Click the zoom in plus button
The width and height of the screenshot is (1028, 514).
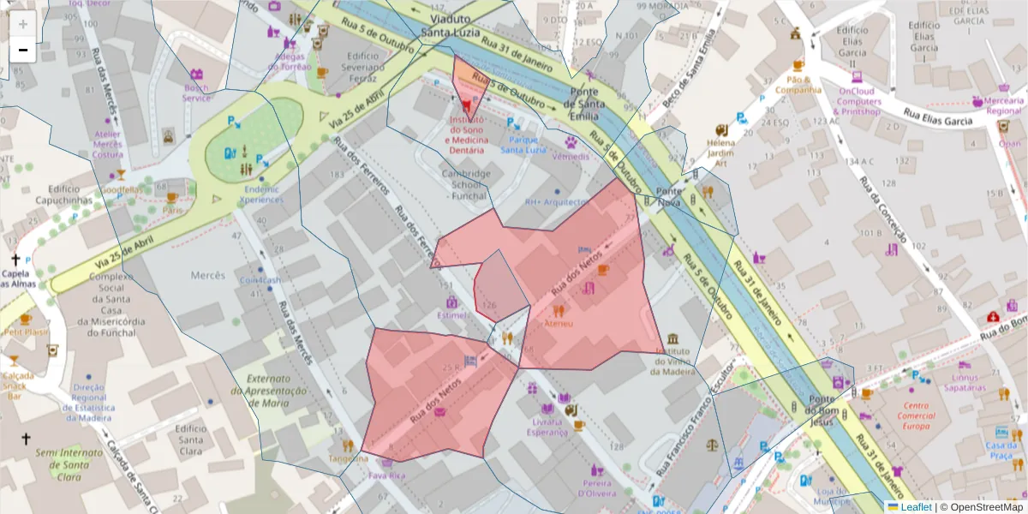pos(22,24)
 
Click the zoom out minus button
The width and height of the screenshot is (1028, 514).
pos(22,51)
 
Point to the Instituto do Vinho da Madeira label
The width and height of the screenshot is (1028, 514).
pos(673,361)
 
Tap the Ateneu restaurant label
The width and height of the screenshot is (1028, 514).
pos(559,324)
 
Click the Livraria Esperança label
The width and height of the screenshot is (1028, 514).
pos(547,427)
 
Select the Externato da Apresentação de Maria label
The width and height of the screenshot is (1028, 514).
pos(275,390)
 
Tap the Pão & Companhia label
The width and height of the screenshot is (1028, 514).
pos(798,83)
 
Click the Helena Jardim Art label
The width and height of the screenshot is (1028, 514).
pos(720,152)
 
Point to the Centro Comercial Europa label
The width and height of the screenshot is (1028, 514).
pos(916,415)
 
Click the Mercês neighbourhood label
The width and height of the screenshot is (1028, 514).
pos(207,276)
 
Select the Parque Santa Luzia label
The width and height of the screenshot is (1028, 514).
pos(523,144)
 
